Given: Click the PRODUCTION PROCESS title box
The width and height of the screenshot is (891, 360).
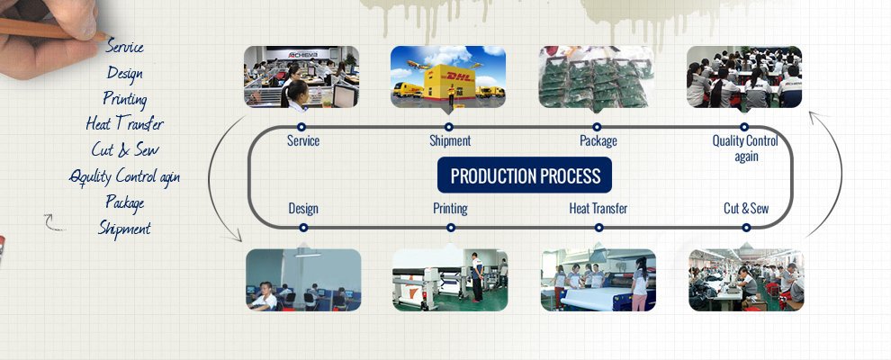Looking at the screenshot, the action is (525, 175).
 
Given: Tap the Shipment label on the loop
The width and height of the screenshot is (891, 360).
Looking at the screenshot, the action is (450, 140).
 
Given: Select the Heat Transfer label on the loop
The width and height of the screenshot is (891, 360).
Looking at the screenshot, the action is (598, 209).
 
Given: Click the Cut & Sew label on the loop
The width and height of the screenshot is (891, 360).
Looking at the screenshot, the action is (746, 209).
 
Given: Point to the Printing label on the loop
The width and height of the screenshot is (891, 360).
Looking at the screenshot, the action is (451, 209).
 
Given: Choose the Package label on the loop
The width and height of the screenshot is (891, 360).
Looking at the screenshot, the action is (598, 141).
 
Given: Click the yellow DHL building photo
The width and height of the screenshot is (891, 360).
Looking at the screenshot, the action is (448, 76).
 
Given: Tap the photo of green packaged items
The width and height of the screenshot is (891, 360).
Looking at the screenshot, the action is (596, 76).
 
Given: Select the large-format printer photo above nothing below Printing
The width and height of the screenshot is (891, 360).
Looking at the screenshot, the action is (450, 280).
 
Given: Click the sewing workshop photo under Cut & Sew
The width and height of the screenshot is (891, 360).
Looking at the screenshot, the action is (746, 280).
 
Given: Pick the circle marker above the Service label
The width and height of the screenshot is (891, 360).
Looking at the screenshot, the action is (301, 127).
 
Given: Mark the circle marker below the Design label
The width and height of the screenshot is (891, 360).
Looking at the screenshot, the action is (303, 228).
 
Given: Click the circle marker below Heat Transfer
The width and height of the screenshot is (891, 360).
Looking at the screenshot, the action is (598, 228).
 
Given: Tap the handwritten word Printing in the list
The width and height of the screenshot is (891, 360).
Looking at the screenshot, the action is (125, 99).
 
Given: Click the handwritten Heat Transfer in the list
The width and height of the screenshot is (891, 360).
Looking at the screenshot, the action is (124, 123).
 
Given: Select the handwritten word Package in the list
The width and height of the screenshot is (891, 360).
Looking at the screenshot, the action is (124, 202).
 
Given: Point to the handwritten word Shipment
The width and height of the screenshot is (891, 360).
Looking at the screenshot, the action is (124, 229).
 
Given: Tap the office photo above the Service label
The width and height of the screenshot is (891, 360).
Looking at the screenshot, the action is (301, 76).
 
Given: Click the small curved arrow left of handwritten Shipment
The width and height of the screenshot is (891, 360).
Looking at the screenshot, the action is (53, 223).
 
